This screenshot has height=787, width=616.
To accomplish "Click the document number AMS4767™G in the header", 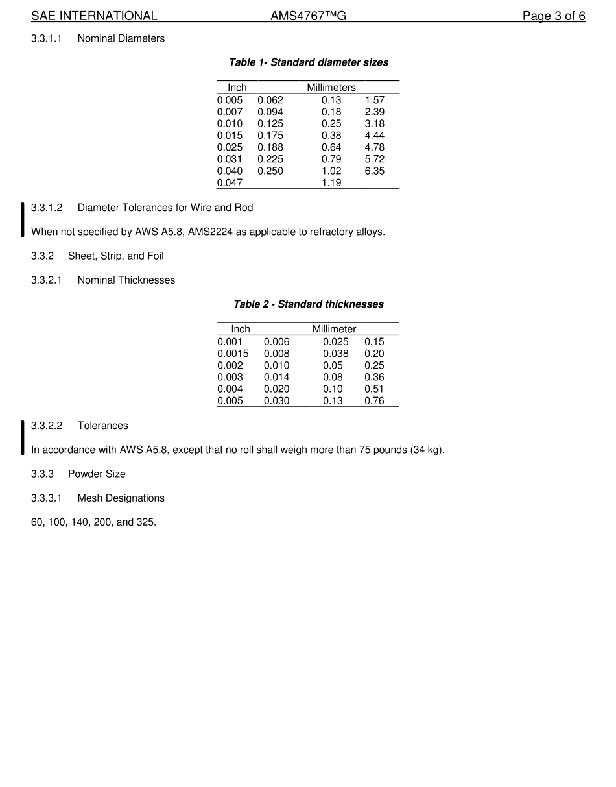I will pos(308,16).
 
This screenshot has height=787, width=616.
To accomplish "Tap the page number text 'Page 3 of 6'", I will pos(554,16).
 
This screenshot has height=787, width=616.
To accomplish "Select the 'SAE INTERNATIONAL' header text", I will pos(94,16).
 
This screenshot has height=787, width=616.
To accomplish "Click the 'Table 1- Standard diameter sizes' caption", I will pos(309,62).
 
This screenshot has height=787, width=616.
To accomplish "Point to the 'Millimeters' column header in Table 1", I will pos(331,88).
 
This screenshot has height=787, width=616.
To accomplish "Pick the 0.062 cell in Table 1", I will pos(270,100).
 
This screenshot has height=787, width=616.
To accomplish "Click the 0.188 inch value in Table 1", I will pos(270,147).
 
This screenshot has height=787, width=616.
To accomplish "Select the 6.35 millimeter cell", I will pos(374,171).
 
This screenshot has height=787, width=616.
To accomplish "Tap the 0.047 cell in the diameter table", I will pos(230,183).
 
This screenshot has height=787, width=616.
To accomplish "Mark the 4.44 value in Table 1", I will pos(374,136).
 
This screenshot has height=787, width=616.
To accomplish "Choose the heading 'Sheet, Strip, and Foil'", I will pos(116,256).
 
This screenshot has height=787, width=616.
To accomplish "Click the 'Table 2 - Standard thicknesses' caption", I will pos(309,304).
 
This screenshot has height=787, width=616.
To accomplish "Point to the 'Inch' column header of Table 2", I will pos(241,330).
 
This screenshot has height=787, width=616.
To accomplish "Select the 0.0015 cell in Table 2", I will pos(233,354).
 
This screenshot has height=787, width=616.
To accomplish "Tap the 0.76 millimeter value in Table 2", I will pos(374,401).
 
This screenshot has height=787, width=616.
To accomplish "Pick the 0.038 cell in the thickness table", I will pos(336,354).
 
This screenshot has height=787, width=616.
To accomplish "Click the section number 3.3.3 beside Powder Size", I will pos(43,474).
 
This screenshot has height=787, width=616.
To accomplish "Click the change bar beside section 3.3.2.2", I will pos(23,438).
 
